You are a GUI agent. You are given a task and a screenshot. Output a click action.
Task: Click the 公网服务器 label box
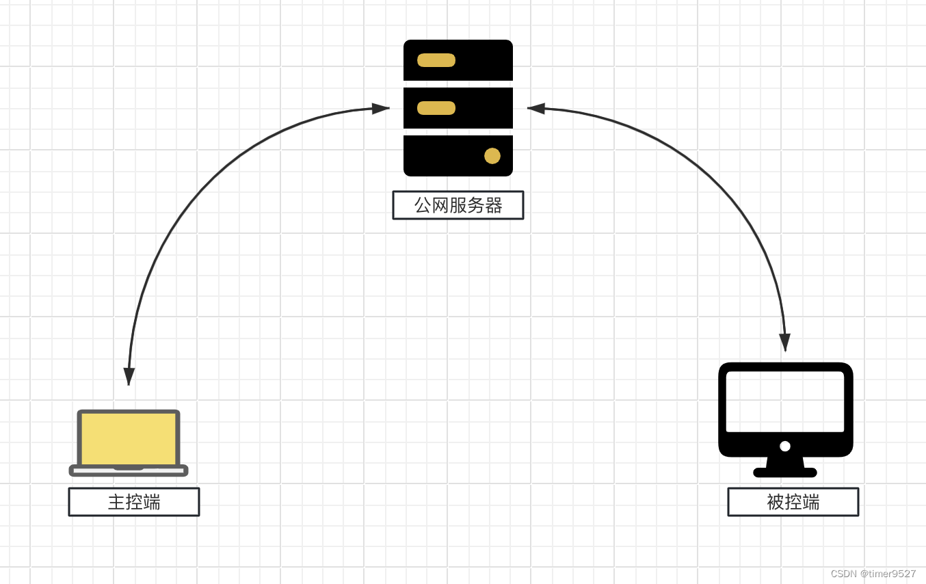(458, 205)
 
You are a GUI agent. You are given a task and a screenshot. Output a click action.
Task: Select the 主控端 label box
(134, 502)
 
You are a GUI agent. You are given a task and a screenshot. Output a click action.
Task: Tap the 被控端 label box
(793, 502)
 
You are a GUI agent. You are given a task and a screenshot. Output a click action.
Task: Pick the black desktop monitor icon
(785, 410)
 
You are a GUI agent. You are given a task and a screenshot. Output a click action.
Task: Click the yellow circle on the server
(492, 156)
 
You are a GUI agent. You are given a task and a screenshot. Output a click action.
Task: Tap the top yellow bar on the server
(436, 60)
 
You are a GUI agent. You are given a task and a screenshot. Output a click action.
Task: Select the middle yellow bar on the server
(436, 108)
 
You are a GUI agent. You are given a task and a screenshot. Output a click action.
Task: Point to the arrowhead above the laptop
(129, 376)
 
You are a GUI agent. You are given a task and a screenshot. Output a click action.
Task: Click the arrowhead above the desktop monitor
(784, 342)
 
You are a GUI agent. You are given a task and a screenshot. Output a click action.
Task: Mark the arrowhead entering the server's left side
(380, 108)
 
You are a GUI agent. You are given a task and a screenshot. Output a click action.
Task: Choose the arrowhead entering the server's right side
(536, 108)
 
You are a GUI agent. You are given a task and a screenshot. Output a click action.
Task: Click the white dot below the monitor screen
(785, 446)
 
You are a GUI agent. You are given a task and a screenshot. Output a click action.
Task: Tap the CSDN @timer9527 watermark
(873, 574)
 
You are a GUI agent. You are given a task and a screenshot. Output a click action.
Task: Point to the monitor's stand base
(785, 473)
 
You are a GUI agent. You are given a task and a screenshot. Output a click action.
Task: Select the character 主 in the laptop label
(116, 502)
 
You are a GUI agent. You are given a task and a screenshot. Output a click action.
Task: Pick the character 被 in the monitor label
(776, 502)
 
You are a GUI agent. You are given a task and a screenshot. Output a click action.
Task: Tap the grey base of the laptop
(129, 471)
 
